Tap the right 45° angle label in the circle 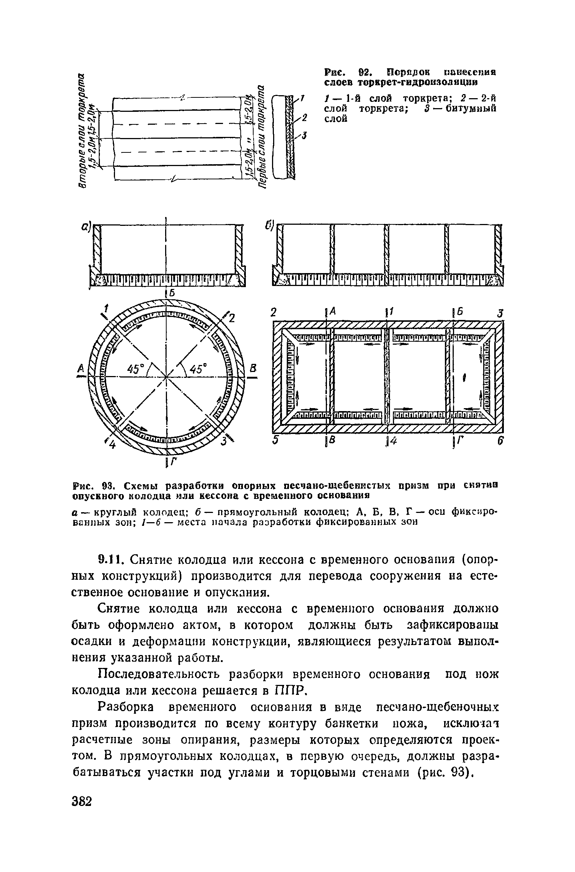(199, 369)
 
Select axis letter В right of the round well (254, 368)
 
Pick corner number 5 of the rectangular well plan (275, 441)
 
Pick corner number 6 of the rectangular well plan (500, 441)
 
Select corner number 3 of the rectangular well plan (500, 313)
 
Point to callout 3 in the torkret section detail (304, 136)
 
